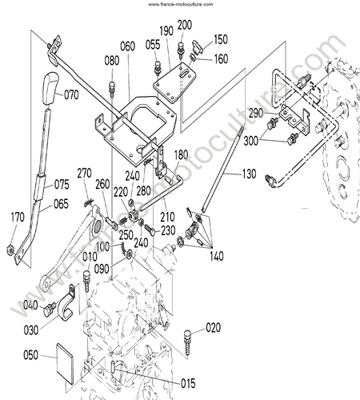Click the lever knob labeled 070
[x=49, y=88]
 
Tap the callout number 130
[x=249, y=174]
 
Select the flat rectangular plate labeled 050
[x=66, y=364]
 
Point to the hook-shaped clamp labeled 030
[x=66, y=302]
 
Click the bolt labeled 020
[x=188, y=342]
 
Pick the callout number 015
[x=188, y=384]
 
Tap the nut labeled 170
[x=10, y=250]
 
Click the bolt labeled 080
[x=112, y=90]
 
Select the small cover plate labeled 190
[x=175, y=85]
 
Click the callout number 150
[x=221, y=39]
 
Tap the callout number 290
[x=255, y=114]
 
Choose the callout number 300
[x=251, y=141]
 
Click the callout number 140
[x=216, y=257]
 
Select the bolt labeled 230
[x=150, y=230]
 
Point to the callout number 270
[x=84, y=174]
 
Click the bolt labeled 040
[x=50, y=309]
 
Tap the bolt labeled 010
[x=86, y=281]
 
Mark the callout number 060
[x=127, y=46]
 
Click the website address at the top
[x=181, y=4]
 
